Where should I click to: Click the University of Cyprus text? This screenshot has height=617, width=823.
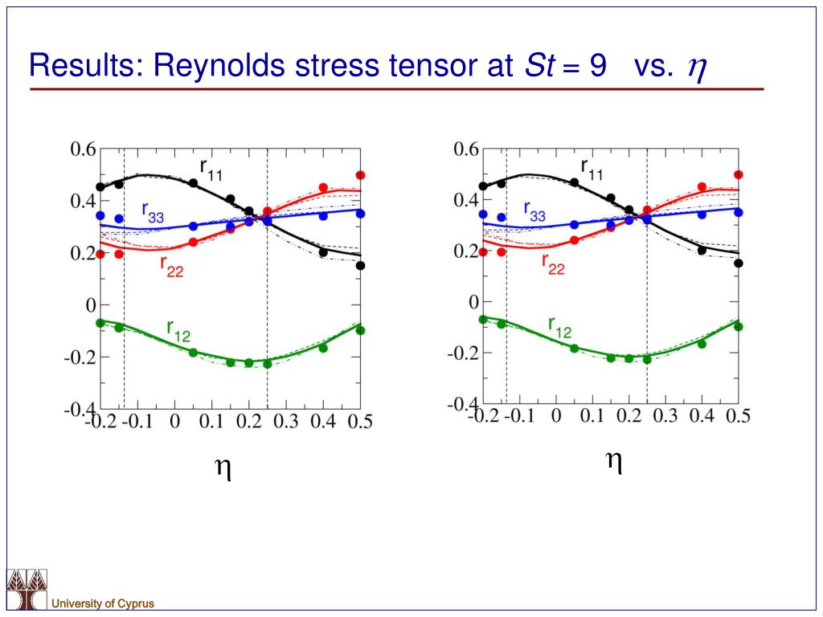click(x=103, y=603)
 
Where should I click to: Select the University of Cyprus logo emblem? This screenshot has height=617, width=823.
click(x=27, y=590)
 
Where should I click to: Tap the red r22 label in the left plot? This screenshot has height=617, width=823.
click(x=172, y=266)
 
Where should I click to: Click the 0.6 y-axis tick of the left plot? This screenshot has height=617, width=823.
click(x=83, y=149)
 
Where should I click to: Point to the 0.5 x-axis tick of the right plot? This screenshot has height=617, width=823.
click(x=738, y=416)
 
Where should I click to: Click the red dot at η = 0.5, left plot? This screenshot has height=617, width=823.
click(x=361, y=175)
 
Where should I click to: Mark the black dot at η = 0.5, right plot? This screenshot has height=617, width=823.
click(x=738, y=263)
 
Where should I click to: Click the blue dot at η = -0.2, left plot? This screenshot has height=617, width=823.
click(x=100, y=215)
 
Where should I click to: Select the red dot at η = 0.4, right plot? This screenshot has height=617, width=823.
click(x=702, y=186)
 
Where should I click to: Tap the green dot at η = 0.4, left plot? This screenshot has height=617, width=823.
click(x=323, y=348)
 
